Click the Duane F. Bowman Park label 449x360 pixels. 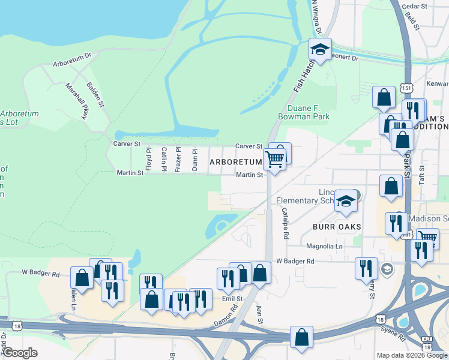click(x=304, y=112)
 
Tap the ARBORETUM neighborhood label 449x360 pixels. click(x=235, y=162)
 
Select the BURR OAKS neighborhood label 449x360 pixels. click(x=336, y=226)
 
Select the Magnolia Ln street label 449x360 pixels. click(x=324, y=246)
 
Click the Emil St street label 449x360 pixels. click(x=231, y=298)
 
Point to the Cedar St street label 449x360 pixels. click(x=414, y=6)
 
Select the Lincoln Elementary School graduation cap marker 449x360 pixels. click(x=346, y=202)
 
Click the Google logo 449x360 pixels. click(x=20, y=353)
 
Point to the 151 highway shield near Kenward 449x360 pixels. click(x=408, y=87)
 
